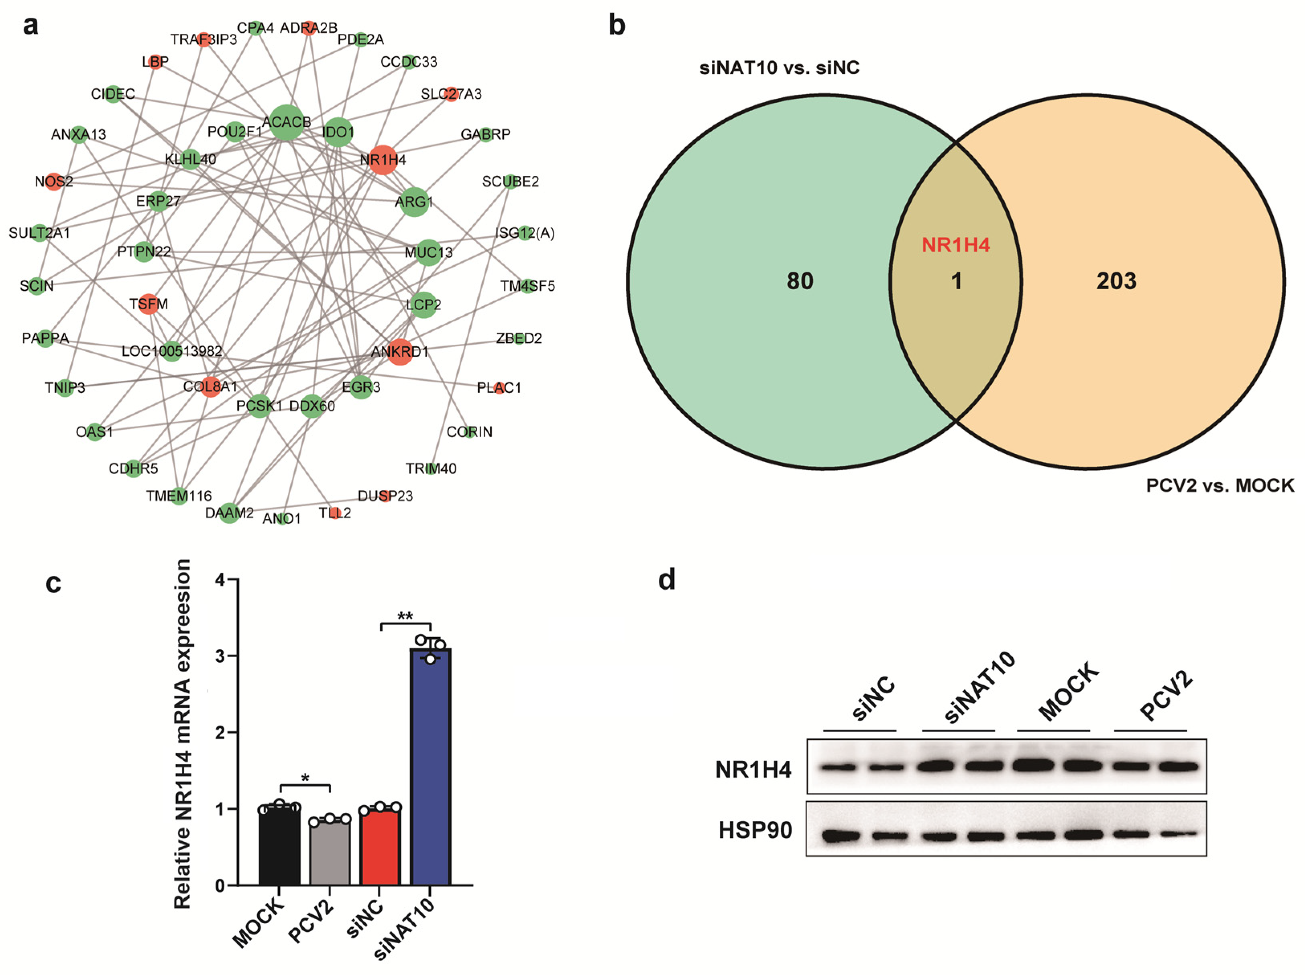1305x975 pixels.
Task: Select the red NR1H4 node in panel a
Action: pyautogui.click(x=382, y=159)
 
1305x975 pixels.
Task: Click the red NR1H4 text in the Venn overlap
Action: pyautogui.click(x=956, y=245)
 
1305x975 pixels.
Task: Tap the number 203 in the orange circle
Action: pyautogui.click(x=1116, y=281)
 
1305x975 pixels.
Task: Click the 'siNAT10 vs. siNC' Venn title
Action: pyautogui.click(x=779, y=68)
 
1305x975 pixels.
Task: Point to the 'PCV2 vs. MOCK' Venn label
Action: pyautogui.click(x=1219, y=485)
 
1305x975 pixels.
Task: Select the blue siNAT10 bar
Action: pyautogui.click(x=431, y=767)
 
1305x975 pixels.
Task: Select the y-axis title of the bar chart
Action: pyautogui.click(x=183, y=734)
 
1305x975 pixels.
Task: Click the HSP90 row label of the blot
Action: pyautogui.click(x=755, y=830)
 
